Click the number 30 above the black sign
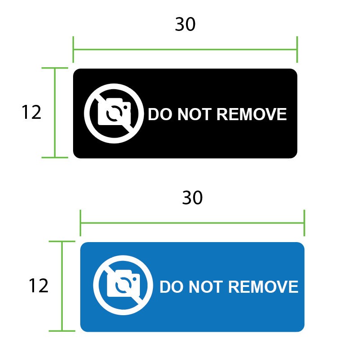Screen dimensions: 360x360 coord(185,24)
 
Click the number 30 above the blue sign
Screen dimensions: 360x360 coord(192,198)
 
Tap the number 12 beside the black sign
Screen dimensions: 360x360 coord(31,112)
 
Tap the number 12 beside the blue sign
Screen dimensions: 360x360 coord(39,286)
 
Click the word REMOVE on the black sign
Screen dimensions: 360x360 coord(252,114)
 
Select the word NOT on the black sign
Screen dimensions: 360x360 coord(194,114)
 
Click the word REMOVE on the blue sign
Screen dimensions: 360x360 coord(263,287)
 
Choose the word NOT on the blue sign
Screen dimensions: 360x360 coord(206,287)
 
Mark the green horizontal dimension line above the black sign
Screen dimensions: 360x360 coord(185,49)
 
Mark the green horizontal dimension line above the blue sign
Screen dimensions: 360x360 coord(192,223)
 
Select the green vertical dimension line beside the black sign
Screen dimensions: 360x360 coord(55,113)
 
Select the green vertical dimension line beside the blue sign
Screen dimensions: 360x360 coord(62,286)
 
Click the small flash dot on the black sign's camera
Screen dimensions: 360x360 coord(126,107)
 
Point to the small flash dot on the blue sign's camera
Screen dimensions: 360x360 coord(135,279)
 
